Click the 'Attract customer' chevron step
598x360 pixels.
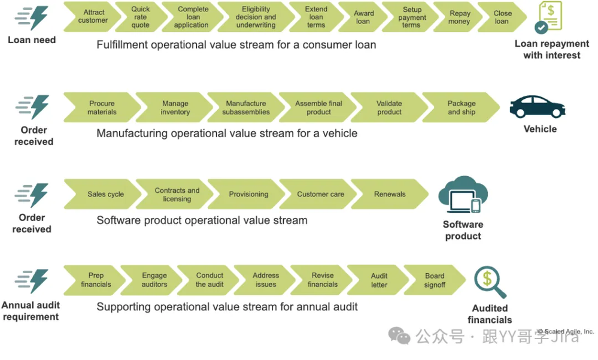[93, 17]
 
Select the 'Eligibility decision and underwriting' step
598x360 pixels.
[256, 17]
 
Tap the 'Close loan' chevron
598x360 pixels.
[502, 17]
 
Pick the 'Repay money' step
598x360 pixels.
[459, 17]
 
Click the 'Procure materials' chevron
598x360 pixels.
[102, 108]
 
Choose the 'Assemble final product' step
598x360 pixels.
[318, 108]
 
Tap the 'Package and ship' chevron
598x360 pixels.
[462, 108]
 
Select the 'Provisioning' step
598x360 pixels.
[248, 195]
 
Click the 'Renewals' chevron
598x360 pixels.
[390, 195]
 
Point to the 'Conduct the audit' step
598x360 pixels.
[210, 280]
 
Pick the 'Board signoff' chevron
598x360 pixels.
[435, 280]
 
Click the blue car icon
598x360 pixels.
[537, 107]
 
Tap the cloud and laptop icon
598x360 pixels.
[463, 195]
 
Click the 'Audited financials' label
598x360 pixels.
[490, 314]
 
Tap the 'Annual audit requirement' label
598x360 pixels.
[31, 311]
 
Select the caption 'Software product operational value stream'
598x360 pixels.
[202, 220]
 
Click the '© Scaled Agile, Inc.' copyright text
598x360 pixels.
[565, 331]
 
